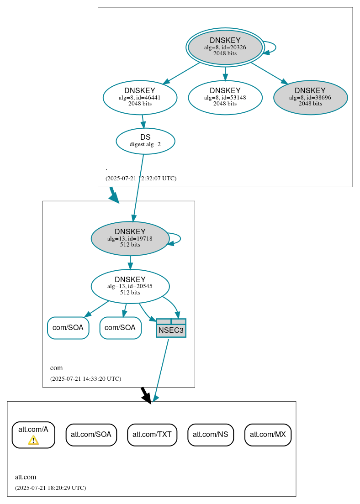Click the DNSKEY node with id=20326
(225, 47)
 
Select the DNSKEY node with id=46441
(140, 97)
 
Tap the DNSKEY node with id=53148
(225, 97)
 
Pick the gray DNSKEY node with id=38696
(310, 97)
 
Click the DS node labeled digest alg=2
(145, 141)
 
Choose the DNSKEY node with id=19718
(130, 238)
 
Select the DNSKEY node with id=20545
(130, 286)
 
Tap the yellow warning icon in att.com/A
(33, 440)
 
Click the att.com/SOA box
(91, 435)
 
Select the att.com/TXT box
(152, 435)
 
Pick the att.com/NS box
(210, 435)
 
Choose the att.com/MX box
(268, 435)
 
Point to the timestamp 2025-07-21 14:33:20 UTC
(85, 378)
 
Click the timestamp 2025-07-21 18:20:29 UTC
(50, 488)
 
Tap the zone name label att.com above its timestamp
(26, 477)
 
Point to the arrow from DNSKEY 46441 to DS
(143, 121)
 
